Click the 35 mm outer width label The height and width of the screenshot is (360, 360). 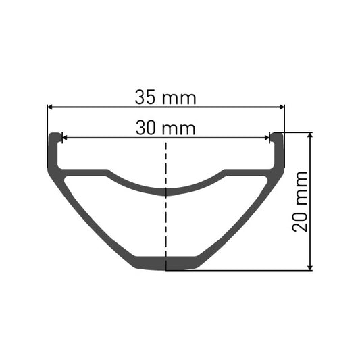(165, 97)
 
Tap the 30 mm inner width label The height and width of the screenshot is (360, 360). (165, 128)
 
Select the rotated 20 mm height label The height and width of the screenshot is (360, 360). (301, 201)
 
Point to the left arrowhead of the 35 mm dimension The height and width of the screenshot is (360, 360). (51, 106)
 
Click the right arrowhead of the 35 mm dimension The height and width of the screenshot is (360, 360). (280, 106)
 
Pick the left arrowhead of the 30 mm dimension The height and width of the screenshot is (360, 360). (65, 137)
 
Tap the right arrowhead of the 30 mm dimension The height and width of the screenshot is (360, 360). (267, 137)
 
